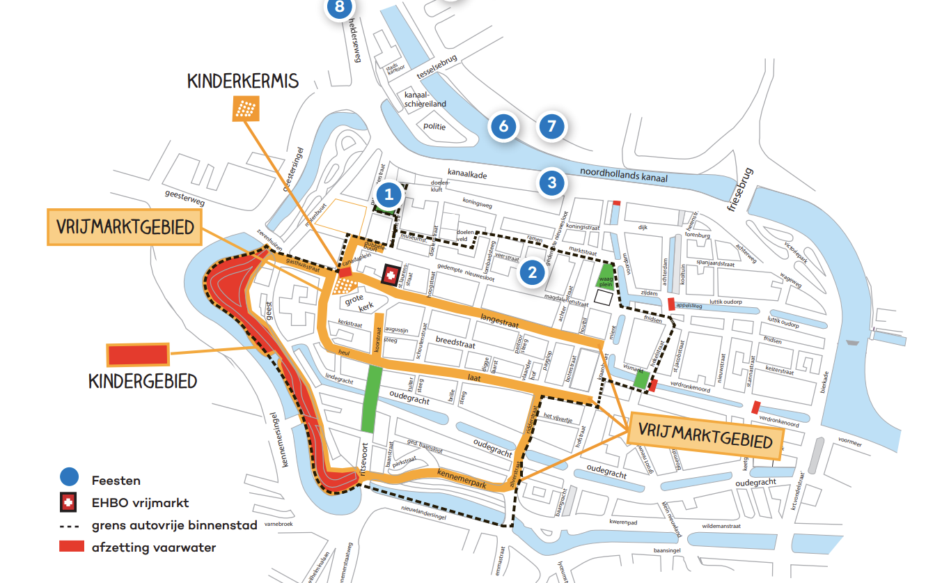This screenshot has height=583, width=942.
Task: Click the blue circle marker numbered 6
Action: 504,127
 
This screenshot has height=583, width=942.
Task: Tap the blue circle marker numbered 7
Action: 551,127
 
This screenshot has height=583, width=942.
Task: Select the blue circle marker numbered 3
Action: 552,183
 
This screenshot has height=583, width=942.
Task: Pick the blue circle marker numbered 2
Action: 533,272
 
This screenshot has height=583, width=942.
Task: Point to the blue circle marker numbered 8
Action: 340,8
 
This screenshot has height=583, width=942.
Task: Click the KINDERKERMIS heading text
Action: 242,81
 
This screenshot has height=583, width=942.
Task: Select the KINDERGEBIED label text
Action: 143,381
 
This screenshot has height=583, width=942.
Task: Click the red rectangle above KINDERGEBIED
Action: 138,355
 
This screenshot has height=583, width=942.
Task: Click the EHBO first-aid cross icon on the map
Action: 391,276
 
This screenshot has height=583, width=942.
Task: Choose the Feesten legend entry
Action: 116,480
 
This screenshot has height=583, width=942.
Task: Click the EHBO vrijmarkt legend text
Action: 140,502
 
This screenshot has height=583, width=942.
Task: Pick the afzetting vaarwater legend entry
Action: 153,547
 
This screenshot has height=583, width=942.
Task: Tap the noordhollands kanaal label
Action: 623,175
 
